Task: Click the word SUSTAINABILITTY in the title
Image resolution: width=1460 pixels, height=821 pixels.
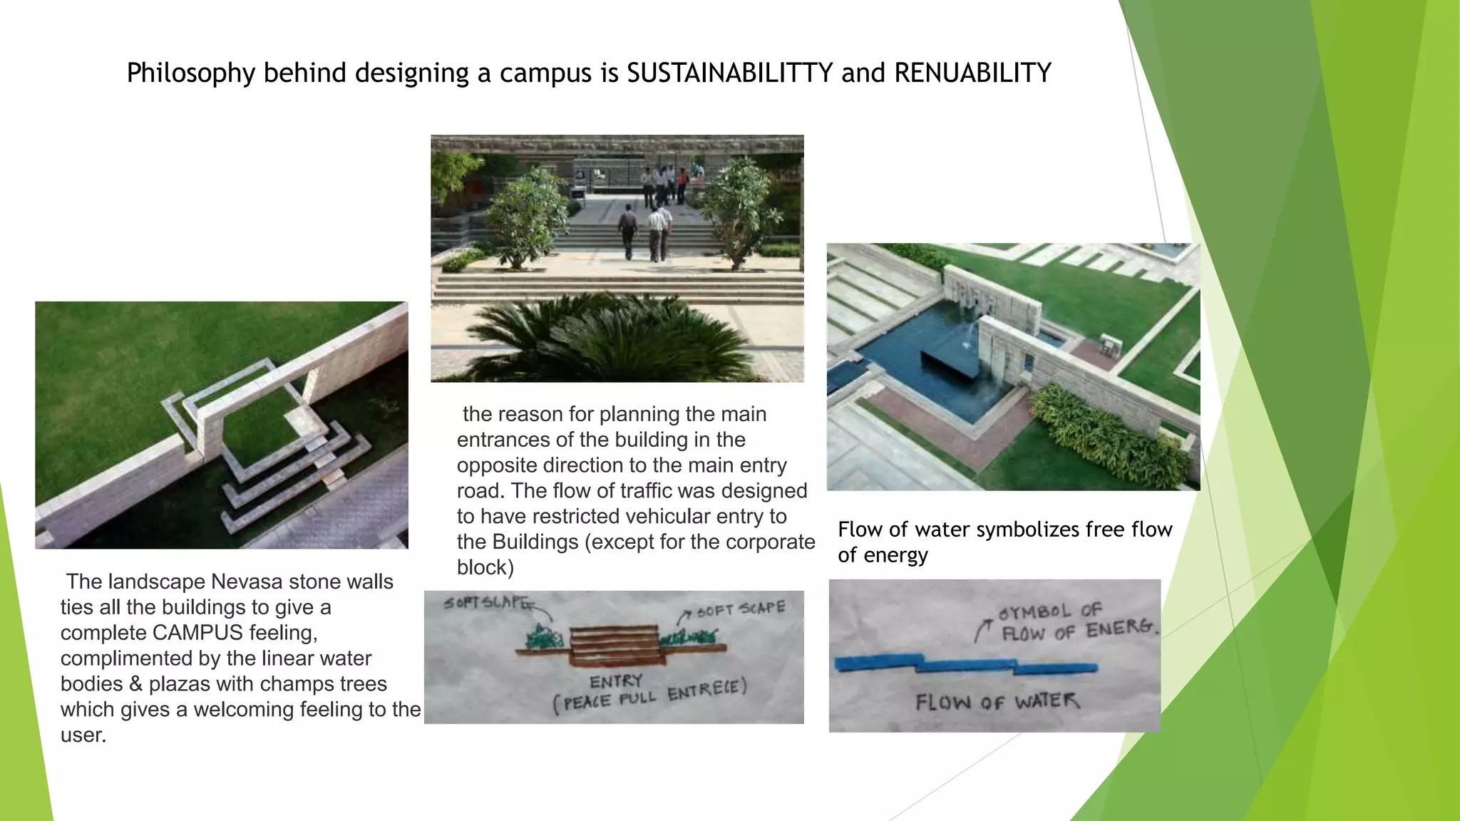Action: (729, 73)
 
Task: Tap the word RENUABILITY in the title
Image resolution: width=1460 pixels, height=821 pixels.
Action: (972, 73)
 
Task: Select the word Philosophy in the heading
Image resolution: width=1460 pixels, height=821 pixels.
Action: (190, 73)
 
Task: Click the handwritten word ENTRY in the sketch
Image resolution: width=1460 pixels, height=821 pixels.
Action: (616, 681)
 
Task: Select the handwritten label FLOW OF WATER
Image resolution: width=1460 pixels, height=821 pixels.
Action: (997, 702)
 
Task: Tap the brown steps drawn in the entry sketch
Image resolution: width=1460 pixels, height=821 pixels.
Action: (615, 641)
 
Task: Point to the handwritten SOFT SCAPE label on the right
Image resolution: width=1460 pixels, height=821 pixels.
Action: (741, 609)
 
